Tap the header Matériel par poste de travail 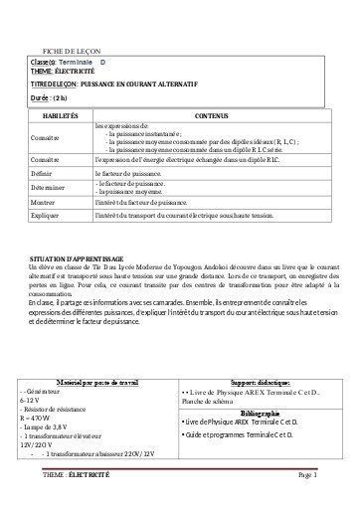point(102,353)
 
